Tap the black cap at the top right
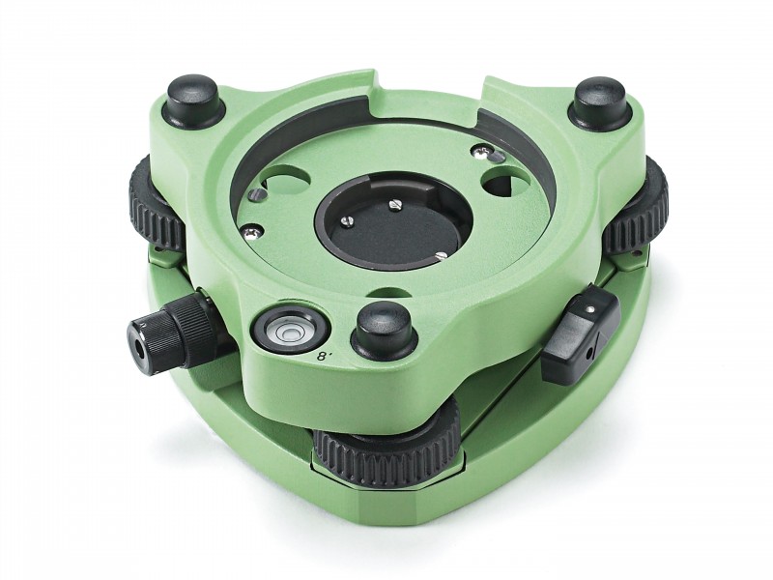click(600, 103)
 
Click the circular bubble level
click(285, 331)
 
